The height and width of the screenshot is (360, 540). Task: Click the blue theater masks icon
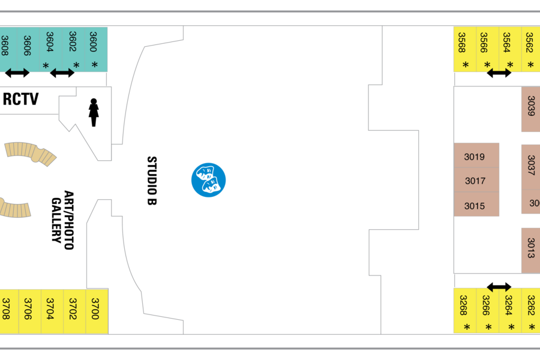point(208,180)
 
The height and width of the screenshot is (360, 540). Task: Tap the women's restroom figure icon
point(94,113)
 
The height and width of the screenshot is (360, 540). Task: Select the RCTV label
point(20,99)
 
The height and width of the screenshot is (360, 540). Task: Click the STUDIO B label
point(152,181)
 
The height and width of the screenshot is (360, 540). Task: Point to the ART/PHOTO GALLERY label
point(62,220)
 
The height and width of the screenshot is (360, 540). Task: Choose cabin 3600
point(96,50)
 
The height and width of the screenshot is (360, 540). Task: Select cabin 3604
point(51,50)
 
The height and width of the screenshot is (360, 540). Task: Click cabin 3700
point(97,311)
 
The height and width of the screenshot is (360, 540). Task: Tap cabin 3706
point(29,311)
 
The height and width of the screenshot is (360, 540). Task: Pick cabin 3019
point(476,155)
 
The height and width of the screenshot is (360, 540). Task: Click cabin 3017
point(476,180)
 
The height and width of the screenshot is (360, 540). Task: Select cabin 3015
point(476,204)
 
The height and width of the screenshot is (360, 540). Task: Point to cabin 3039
point(531,109)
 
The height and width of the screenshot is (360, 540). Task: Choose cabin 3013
point(531,250)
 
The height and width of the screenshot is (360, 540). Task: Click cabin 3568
point(465,49)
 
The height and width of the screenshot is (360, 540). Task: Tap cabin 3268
point(465,311)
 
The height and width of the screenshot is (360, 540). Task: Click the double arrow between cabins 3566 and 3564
point(499,73)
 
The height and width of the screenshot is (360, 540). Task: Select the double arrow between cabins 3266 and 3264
point(499,287)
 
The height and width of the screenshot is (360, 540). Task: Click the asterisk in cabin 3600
point(94,64)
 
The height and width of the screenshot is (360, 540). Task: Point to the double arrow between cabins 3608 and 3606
point(17,73)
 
